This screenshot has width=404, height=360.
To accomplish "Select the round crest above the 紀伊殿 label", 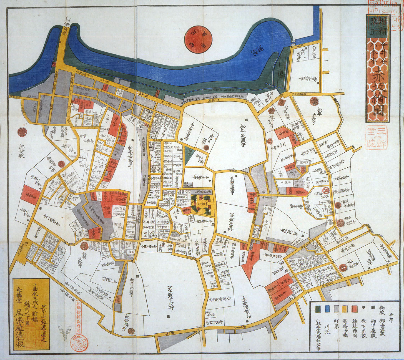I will pos(21,131).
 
